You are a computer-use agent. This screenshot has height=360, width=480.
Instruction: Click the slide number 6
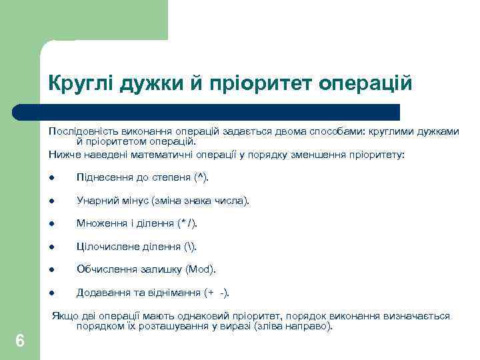pyautogui.click(x=20, y=341)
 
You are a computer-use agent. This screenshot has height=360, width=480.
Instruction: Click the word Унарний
pyautogui.click(x=97, y=200)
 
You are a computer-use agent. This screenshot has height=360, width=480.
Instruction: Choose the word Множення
pyautogui.click(x=100, y=223)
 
